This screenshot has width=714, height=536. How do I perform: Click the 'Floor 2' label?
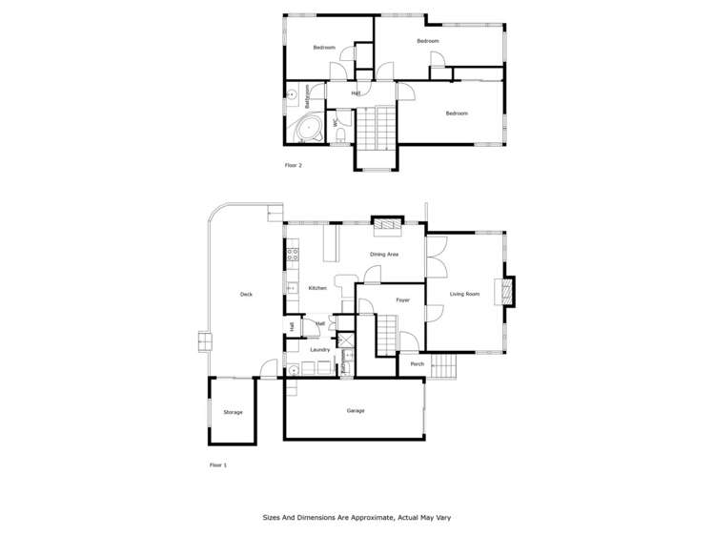(294, 165)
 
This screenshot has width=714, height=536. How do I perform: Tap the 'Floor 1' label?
(217, 465)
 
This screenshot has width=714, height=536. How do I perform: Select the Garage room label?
(356, 410)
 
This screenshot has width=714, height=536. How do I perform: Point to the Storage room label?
(233, 412)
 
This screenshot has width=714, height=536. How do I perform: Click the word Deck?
(246, 294)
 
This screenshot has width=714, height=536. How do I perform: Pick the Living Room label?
(464, 294)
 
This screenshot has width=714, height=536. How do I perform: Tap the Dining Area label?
(384, 255)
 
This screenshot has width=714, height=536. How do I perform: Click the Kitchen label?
(317, 287)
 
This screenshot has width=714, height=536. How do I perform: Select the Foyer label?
(402, 300)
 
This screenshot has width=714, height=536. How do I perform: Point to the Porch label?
(417, 363)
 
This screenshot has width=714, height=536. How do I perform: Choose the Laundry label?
(319, 350)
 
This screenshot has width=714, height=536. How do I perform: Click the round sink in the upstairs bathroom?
(291, 93)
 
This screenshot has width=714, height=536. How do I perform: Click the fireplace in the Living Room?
(507, 292)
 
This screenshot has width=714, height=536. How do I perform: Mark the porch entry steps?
(442, 364)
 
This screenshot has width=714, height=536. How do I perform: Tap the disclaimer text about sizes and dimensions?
(357, 518)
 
